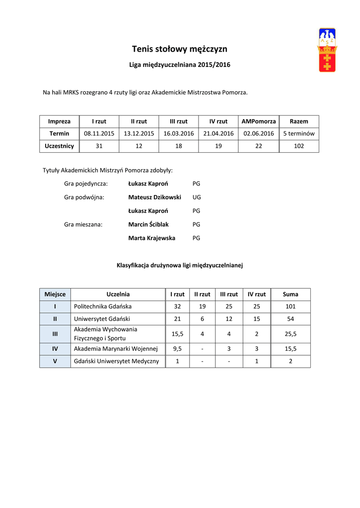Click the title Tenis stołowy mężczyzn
pyautogui.click(x=180, y=49)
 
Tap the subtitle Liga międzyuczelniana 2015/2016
pyautogui.click(x=180, y=65)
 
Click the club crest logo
pyautogui.click(x=327, y=50)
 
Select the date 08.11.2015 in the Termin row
pyautogui.click(x=99, y=133)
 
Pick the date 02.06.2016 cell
pyautogui.click(x=258, y=133)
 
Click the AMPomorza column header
pyautogui.click(x=258, y=121)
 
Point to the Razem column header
pyautogui.click(x=299, y=121)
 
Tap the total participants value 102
pyautogui.click(x=299, y=146)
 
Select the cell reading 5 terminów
pyautogui.click(x=299, y=133)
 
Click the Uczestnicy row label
pyautogui.click(x=59, y=146)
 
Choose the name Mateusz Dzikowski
pyautogui.click(x=154, y=197)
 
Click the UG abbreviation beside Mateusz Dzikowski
pyautogui.click(x=197, y=197)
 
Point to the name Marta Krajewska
pyautogui.click(x=151, y=238)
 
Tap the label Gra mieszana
pyautogui.click(x=83, y=224)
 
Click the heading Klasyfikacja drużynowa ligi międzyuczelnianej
pyautogui.click(x=180, y=265)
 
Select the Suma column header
pyautogui.click(x=290, y=294)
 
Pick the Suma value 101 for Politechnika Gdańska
pyautogui.click(x=290, y=307)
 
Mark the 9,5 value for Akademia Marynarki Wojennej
pyautogui.click(x=177, y=349)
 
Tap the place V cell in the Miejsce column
pyautogui.click(x=55, y=361)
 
